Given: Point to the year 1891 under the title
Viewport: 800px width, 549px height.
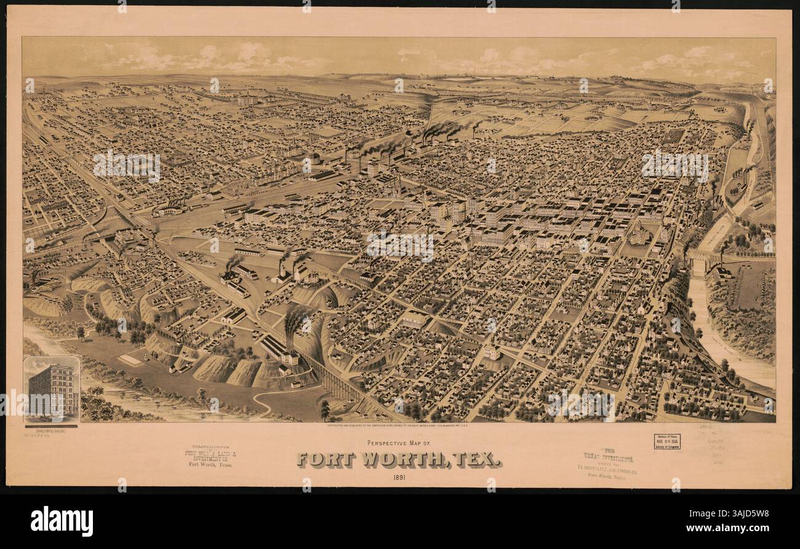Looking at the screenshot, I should click(x=399, y=477).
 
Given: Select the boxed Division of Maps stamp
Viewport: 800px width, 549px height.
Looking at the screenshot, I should click(x=666, y=441).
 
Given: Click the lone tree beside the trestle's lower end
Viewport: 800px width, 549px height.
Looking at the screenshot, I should click(x=324, y=408).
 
